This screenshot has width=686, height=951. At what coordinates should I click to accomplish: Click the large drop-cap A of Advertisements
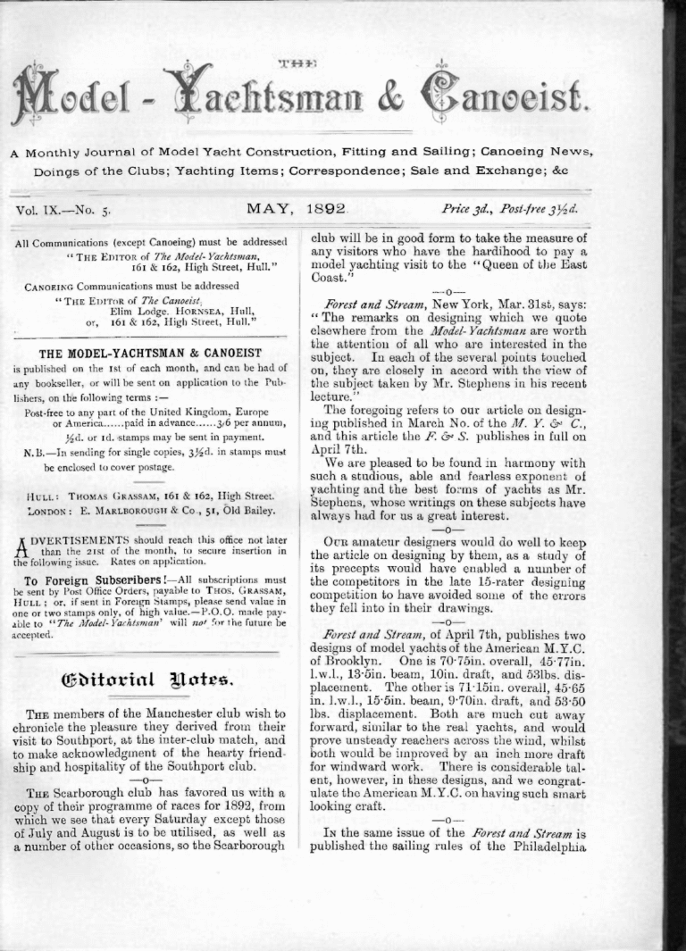21,545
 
